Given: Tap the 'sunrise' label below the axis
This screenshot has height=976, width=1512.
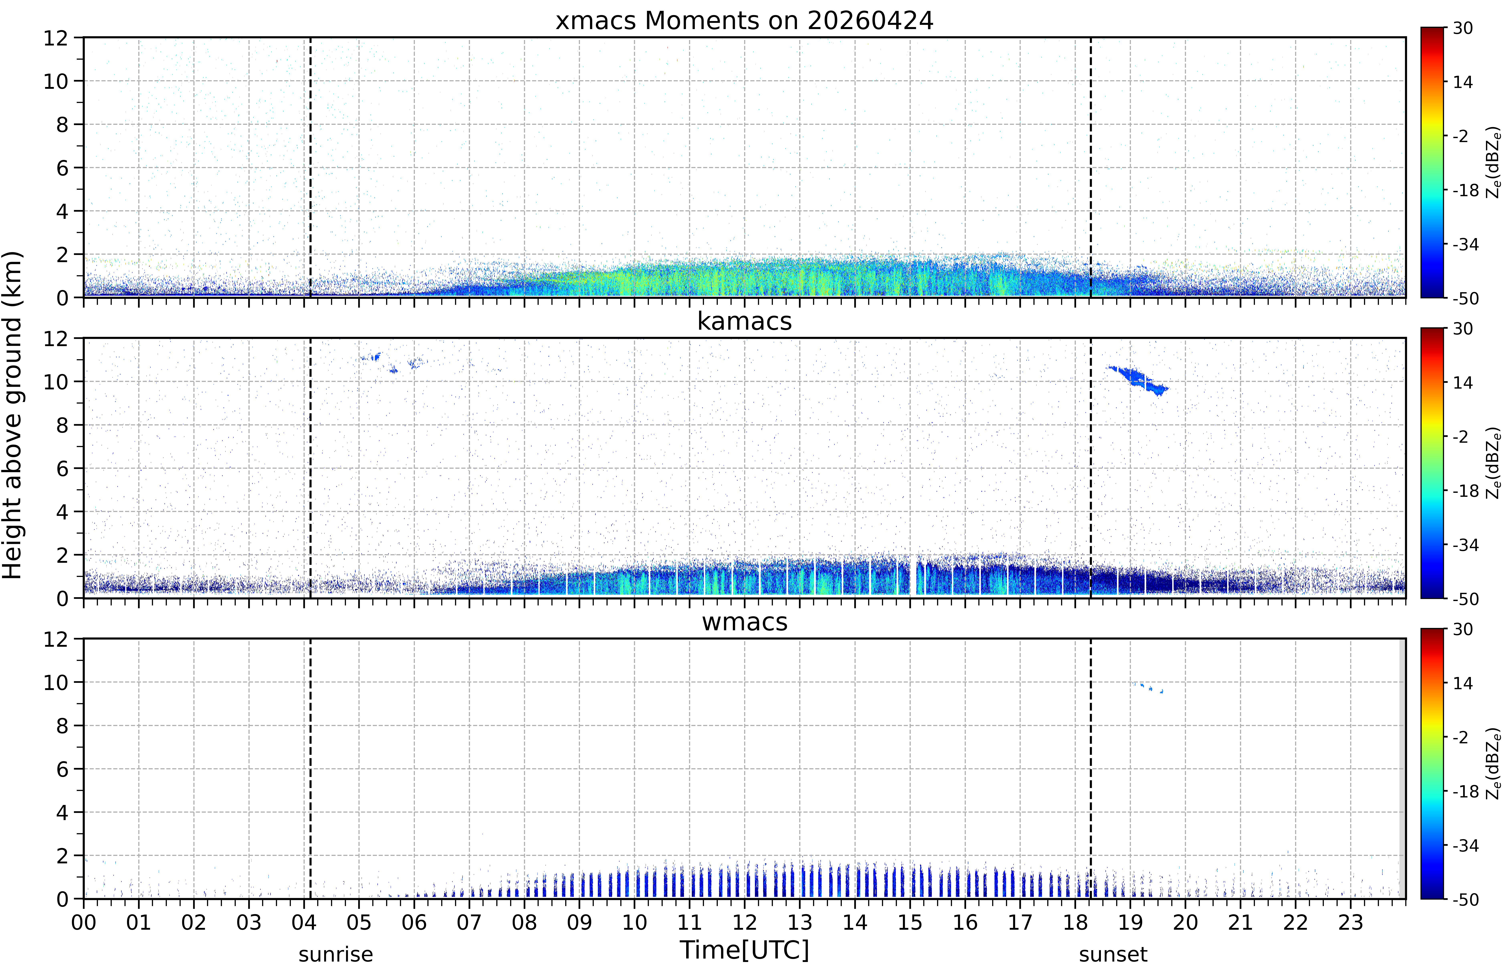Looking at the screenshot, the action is click(x=336, y=954).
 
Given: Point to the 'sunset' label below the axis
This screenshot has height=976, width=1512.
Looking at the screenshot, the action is click(x=1113, y=954).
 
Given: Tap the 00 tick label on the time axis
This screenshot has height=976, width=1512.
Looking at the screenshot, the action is click(x=84, y=922).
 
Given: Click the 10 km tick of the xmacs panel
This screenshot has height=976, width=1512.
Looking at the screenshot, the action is click(x=56, y=81).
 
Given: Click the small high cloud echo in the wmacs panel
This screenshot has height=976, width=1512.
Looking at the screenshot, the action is click(x=1148, y=687).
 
